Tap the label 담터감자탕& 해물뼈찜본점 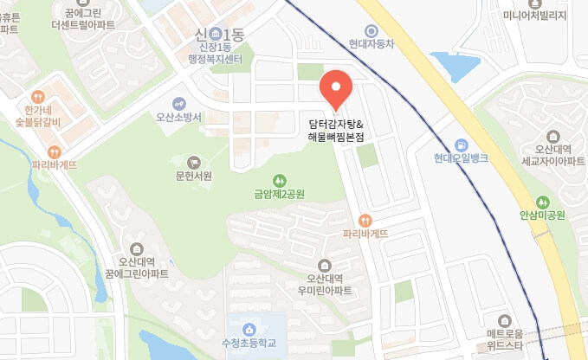pyautogui.click(x=336, y=131)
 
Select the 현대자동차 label pyautogui.click(x=372, y=43)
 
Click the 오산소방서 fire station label pyautogui.click(x=178, y=118)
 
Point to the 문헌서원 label pyautogui.click(x=193, y=176)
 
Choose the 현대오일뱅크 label pyautogui.click(x=462, y=158)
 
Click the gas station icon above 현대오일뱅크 pyautogui.click(x=462, y=145)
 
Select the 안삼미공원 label pyautogui.click(x=542, y=215)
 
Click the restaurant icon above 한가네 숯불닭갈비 pyautogui.click(x=37, y=97)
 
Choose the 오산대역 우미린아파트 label pyautogui.click(x=325, y=285)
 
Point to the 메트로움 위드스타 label pyautogui.click(x=504, y=338)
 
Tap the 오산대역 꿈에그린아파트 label pyautogui.click(x=137, y=267)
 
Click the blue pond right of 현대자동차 pyautogui.click(x=449, y=65)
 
